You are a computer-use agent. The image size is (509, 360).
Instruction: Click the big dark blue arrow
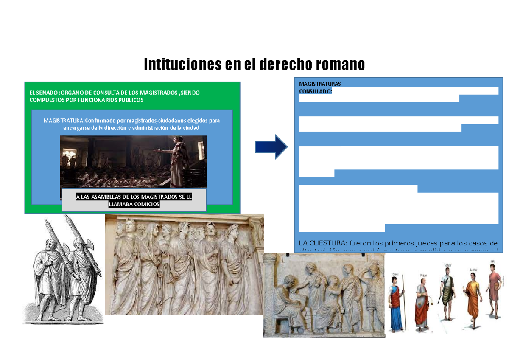[271, 146]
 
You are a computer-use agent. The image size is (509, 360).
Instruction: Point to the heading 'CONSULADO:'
[315, 91]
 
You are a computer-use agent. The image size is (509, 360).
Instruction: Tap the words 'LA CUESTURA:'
[322, 243]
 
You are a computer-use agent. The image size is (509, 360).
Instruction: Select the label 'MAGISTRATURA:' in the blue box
[64, 121]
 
